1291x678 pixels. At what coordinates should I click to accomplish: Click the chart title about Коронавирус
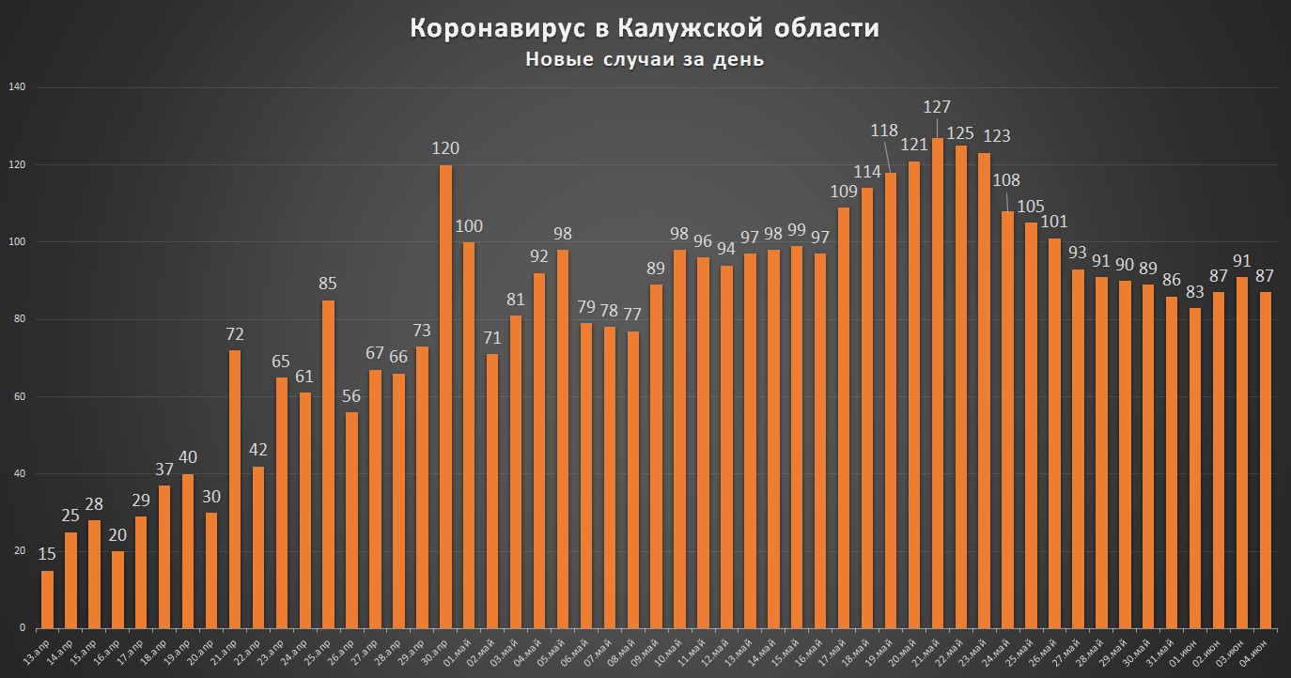tap(645, 29)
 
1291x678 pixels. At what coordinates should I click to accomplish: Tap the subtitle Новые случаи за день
tap(645, 60)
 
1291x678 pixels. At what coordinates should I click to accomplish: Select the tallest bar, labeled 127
tap(937, 383)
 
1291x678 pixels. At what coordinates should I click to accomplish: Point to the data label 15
tap(47, 554)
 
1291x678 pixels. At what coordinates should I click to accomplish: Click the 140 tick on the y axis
tap(16, 87)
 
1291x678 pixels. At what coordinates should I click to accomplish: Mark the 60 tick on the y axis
tap(18, 396)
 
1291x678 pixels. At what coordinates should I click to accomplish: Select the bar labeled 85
tap(328, 464)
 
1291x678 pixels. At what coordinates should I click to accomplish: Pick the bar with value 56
tap(351, 520)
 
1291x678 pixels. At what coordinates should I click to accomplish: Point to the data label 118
tap(884, 131)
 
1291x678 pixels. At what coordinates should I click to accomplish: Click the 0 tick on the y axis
tap(22, 628)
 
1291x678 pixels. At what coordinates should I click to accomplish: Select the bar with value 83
tap(1194, 468)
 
